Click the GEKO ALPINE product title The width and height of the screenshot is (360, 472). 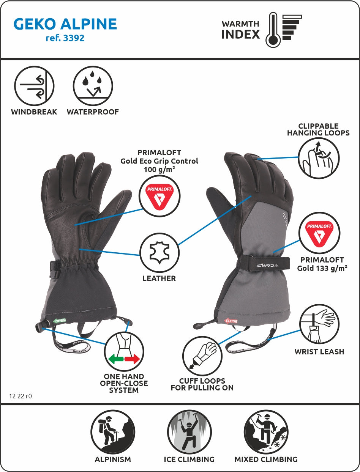click(65, 24)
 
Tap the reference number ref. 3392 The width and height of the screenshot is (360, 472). click(65, 38)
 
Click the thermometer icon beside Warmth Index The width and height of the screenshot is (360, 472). click(273, 30)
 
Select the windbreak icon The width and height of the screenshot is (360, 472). click(34, 86)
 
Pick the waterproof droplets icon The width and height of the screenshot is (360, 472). click(93, 86)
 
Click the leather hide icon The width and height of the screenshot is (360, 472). click(159, 252)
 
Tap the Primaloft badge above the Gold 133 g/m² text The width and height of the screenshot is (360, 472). click(319, 232)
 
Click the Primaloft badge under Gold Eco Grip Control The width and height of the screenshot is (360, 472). click(159, 196)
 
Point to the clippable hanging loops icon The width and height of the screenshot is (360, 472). click(318, 158)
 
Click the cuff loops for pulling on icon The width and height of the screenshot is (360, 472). click(202, 356)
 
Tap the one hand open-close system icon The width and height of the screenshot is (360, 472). click(124, 351)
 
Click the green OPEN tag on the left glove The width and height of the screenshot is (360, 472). click(59, 321)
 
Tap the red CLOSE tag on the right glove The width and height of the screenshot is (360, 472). click(231, 321)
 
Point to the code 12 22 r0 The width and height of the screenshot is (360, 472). click(21, 396)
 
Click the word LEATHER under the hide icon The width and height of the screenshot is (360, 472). click(159, 278)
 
